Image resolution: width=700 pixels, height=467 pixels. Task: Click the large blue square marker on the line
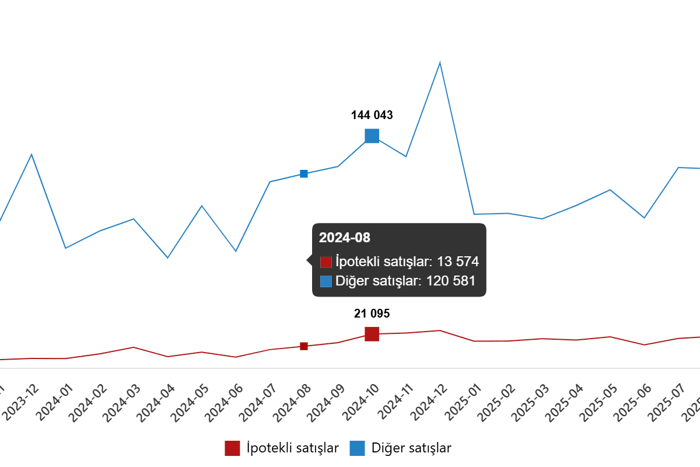coord(372,136)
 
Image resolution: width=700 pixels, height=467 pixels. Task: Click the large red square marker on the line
coord(372,334)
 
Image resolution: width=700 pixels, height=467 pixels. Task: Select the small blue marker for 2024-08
coord(304,174)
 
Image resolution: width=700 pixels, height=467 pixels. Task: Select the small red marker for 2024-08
coord(304,346)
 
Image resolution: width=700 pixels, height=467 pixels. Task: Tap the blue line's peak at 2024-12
coord(440,62)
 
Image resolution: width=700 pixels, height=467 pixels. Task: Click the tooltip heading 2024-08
coord(345,238)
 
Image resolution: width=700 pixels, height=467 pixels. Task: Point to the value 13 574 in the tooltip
coord(457,262)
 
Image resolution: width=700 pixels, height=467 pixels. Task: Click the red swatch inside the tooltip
coord(326,262)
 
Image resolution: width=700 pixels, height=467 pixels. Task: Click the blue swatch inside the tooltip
coord(326,281)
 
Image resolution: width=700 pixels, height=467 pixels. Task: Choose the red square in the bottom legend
coord(232,448)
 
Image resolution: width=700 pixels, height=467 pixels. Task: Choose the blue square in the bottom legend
coord(358,448)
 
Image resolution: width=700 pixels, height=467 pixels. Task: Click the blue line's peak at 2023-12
coord(32,155)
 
